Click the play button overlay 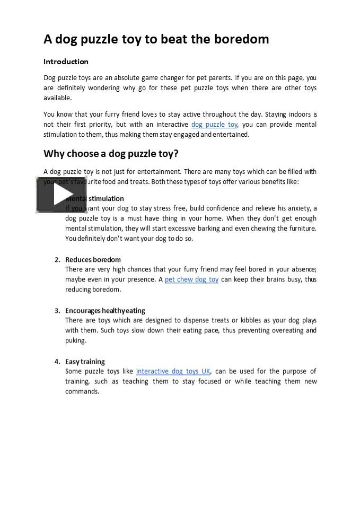click(x=54, y=195)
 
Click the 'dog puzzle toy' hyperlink click(x=214, y=125)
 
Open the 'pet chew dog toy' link click(x=191, y=279)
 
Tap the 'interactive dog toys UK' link click(x=173, y=371)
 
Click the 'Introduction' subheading click(x=66, y=62)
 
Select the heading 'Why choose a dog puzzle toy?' click(x=111, y=154)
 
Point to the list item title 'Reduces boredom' click(x=93, y=260)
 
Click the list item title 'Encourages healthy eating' click(x=105, y=311)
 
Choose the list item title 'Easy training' click(x=85, y=362)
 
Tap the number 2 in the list click(x=57, y=260)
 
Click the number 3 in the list click(x=57, y=311)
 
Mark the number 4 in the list click(x=57, y=362)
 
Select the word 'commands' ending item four click(x=82, y=392)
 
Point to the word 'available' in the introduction click(x=57, y=98)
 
